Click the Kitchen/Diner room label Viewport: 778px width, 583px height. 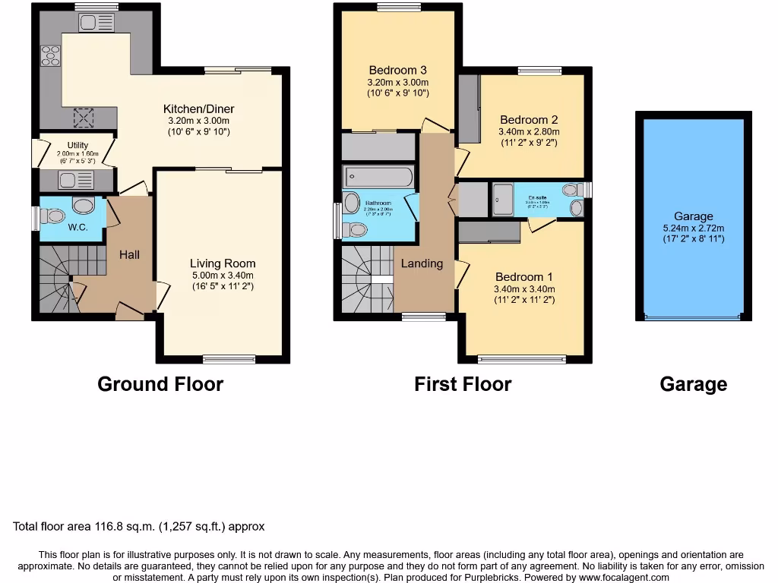tap(198, 109)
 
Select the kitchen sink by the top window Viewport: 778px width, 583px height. tap(96, 23)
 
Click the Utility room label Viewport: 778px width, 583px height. tap(77, 145)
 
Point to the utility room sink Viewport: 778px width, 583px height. tap(76, 180)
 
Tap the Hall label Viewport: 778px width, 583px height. tap(129, 255)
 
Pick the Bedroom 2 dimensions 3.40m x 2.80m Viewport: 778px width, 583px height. tap(528, 131)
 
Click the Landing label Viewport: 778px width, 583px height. tap(422, 263)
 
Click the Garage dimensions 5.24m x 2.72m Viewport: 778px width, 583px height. tap(693, 228)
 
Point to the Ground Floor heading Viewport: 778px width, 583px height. tap(160, 383)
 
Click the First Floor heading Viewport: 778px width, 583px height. tap(462, 384)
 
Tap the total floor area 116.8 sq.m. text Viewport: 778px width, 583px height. tap(139, 526)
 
